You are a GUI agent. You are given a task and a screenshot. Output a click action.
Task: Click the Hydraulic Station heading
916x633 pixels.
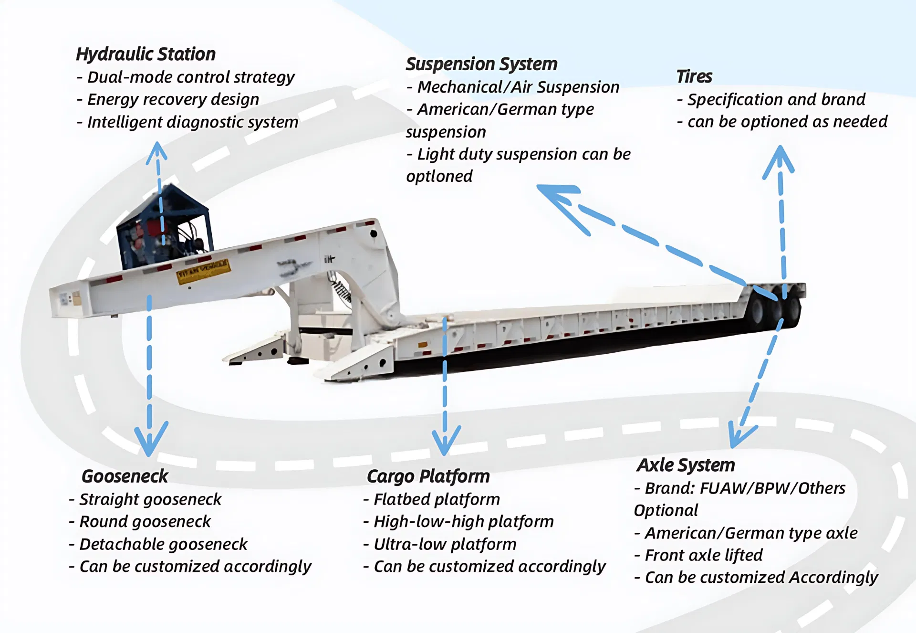[146, 54]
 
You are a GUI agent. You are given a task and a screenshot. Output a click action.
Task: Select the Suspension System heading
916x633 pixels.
[481, 64]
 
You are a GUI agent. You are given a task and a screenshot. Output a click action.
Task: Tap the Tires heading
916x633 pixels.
[694, 76]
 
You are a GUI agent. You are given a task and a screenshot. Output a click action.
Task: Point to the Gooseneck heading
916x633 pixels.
[125, 476]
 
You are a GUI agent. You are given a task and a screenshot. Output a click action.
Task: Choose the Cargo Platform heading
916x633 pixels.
[428, 476]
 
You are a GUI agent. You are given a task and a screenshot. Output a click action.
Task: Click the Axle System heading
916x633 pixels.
[686, 465]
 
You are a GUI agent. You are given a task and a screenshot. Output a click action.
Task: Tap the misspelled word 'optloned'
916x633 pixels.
[439, 176]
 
